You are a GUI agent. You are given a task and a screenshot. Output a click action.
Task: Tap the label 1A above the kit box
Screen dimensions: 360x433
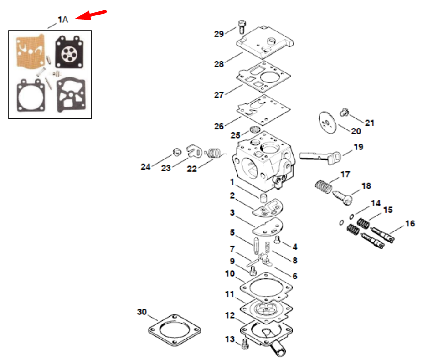[x=62, y=20]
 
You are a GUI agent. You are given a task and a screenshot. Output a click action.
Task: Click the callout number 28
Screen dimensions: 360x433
[x=219, y=64]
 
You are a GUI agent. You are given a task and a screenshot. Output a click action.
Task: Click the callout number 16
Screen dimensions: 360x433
[x=410, y=223]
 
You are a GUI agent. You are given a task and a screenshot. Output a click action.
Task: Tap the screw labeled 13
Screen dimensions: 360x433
[x=245, y=343]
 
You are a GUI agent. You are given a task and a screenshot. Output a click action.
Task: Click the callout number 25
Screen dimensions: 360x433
[x=235, y=135]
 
